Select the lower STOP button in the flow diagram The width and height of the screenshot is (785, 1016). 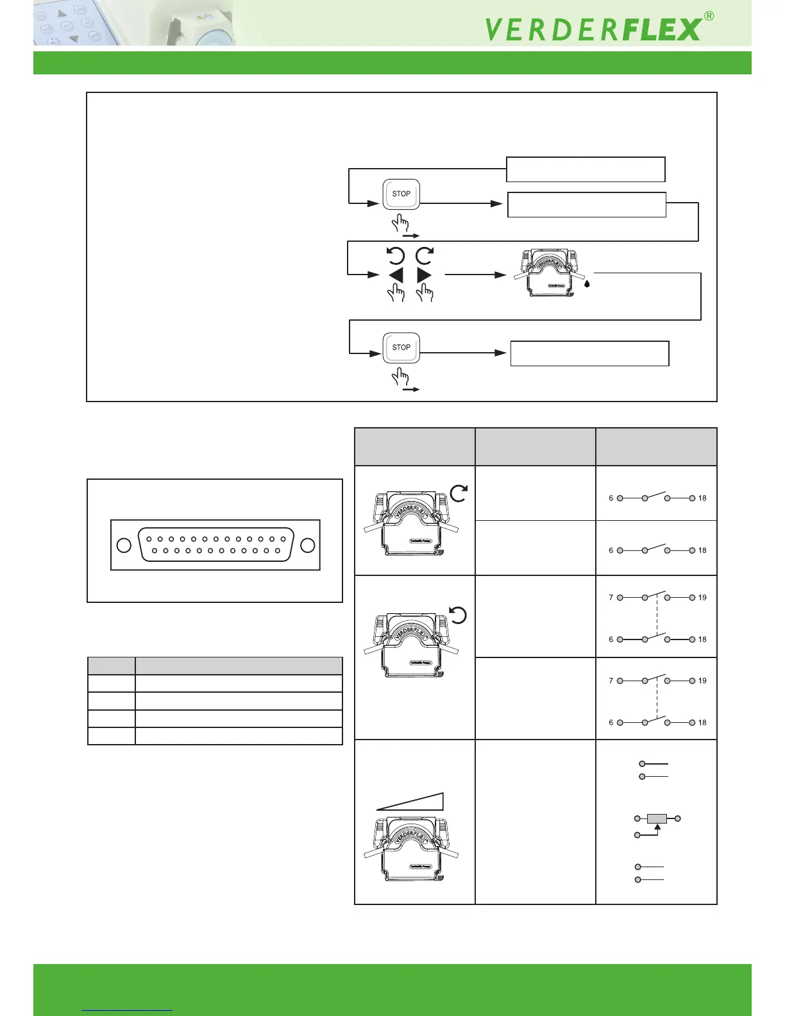click(401, 348)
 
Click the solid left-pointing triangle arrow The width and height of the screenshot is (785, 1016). click(396, 275)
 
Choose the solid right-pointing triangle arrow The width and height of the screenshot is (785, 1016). click(425, 275)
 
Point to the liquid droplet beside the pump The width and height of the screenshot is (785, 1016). click(587, 283)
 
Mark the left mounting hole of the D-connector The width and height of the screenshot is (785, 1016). click(124, 545)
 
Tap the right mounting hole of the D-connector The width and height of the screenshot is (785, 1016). click(308, 545)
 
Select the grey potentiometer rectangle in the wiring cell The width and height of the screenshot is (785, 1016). click(657, 818)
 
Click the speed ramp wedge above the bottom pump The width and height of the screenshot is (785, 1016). click(411, 802)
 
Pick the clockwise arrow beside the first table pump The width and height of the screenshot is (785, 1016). click(459, 493)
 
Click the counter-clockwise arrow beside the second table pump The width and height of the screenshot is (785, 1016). click(458, 616)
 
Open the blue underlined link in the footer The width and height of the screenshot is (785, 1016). click(127, 1010)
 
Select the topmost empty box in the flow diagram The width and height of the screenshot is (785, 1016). click(586, 169)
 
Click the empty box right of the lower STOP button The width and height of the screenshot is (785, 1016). click(589, 353)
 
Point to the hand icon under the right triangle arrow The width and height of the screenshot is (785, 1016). click(425, 293)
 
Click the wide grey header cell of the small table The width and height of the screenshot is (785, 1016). click(239, 666)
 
